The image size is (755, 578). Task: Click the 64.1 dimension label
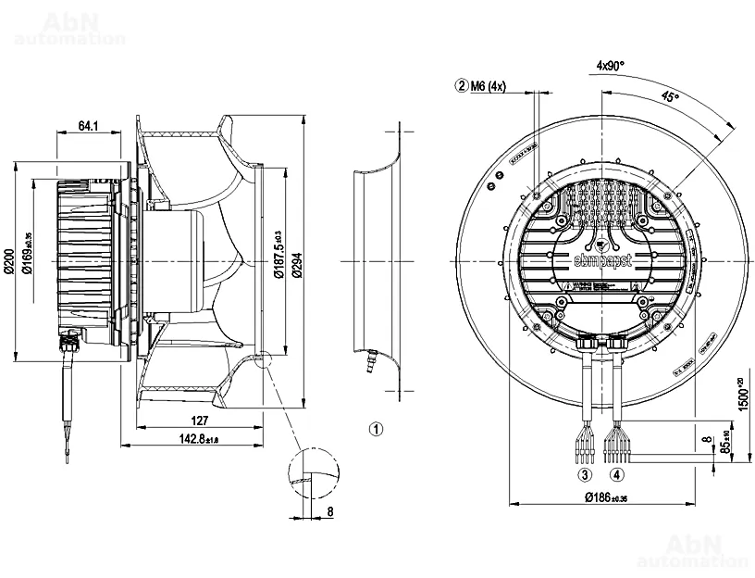89,125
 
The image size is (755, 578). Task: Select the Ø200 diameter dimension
8,261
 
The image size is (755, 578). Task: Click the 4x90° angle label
610,66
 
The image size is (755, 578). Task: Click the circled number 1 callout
376,429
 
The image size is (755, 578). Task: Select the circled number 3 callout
585,475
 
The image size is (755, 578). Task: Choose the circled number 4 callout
616,475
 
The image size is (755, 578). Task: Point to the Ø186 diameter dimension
606,497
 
